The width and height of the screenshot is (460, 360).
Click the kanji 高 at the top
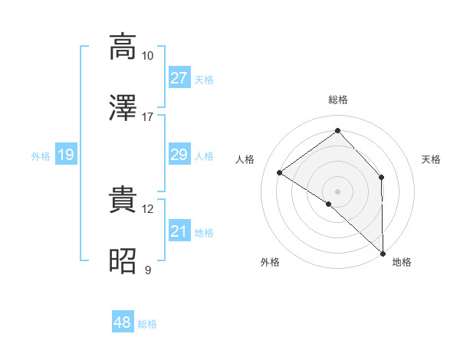tap(123, 46)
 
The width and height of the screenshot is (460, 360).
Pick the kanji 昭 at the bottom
tap(123, 260)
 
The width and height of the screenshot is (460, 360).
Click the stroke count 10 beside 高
tap(148, 55)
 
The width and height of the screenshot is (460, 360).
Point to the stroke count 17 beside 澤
tap(148, 116)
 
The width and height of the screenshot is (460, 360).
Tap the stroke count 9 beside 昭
tap(148, 270)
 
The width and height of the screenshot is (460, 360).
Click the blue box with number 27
tap(179, 78)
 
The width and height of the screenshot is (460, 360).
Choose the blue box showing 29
tap(179, 155)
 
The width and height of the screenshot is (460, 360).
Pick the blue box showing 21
tap(179, 231)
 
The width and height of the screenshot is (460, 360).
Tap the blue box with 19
tap(65, 155)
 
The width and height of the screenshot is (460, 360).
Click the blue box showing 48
tap(123, 322)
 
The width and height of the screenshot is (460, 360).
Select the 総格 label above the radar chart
tap(338, 100)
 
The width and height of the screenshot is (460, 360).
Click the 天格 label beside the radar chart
tap(432, 159)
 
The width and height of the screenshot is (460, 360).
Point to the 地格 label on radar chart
tap(402, 262)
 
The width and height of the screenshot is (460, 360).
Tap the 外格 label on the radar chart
tap(270, 262)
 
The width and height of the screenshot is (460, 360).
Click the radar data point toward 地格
tap(383, 253)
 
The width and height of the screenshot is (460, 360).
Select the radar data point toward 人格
tap(280, 172)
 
